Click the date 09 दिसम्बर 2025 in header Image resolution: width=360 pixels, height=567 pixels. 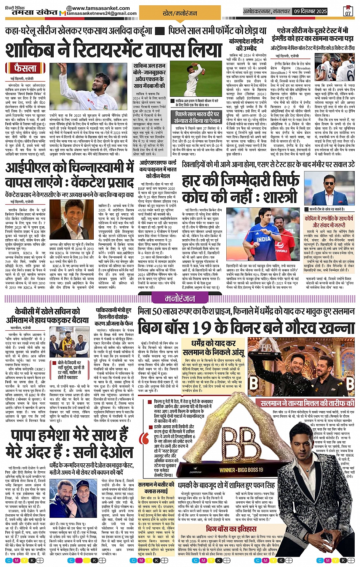[310, 11]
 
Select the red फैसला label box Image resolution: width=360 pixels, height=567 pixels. [26, 68]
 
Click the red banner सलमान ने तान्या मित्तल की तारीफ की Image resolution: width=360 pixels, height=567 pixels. [307, 403]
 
